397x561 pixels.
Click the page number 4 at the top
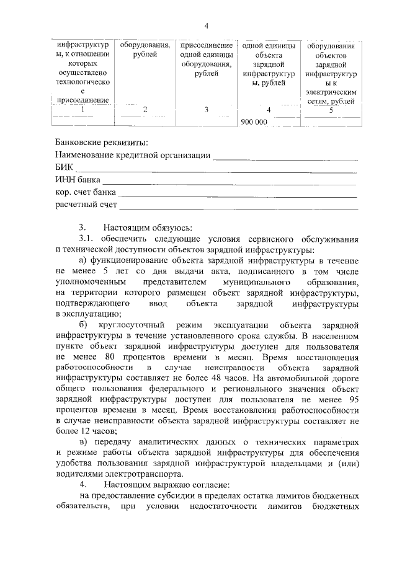(207, 25)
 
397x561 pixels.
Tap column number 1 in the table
(83, 110)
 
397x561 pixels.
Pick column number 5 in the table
(331, 110)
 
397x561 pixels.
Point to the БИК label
(64, 167)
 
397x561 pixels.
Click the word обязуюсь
(171, 227)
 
